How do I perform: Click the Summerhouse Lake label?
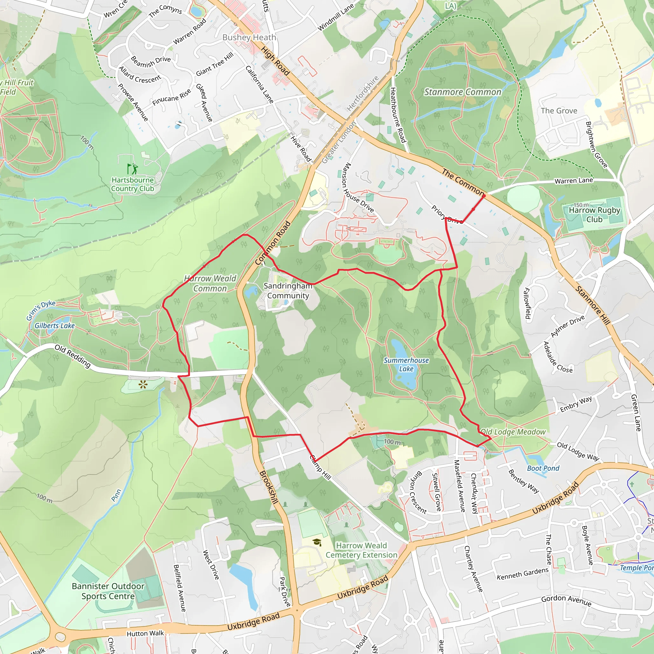coord(406,365)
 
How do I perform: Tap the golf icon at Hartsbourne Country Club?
coord(132,169)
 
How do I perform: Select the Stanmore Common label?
coord(463,92)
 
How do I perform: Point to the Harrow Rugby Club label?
coord(594,215)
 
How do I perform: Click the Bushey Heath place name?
coord(249,38)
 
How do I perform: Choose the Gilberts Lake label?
coord(55,326)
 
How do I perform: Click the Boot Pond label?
coord(543,468)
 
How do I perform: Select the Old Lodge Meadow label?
coord(513,432)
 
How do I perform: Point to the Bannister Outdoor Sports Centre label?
coord(108,591)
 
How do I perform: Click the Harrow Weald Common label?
coord(210,283)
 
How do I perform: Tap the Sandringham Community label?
coord(288,291)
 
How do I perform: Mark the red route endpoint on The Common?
coord(484,196)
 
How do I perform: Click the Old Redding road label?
coord(72,356)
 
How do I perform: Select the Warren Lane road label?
coord(574,181)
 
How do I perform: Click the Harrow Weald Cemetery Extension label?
coord(361,550)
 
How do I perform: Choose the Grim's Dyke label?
coord(41,310)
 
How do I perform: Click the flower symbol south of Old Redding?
coord(143,384)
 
